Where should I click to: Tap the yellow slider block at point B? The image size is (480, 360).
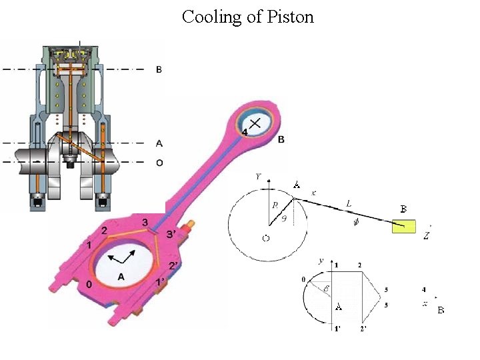tap(403, 226)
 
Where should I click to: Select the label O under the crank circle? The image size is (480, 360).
tap(265, 239)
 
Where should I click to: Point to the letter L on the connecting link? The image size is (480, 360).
tap(349, 202)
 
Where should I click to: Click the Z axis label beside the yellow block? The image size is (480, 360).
tap(426, 235)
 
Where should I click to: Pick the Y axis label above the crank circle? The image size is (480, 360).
tap(259, 177)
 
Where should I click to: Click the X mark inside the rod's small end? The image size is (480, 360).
tap(255, 123)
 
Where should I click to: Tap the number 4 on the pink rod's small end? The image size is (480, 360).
tap(245, 132)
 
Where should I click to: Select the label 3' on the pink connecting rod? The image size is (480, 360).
tap(171, 234)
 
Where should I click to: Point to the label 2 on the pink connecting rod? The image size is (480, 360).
tap(104, 230)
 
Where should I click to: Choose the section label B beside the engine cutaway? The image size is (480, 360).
tap(159, 69)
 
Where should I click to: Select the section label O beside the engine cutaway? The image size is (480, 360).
tap(159, 163)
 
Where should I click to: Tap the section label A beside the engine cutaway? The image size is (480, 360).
tap(159, 143)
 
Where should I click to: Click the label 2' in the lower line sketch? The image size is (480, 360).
tap(363, 329)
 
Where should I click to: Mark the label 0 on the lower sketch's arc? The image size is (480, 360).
tap(304, 279)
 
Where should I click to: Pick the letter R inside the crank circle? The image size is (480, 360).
tap(273, 207)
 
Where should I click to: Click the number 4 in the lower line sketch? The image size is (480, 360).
tap(424, 290)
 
